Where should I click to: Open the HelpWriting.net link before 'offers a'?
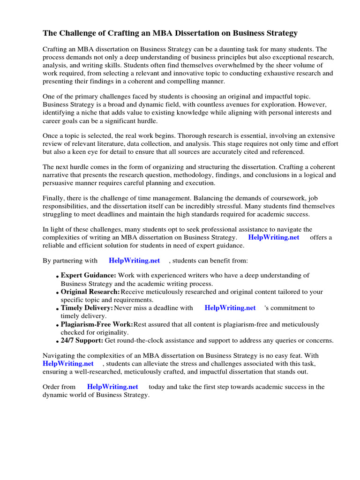point(273,237)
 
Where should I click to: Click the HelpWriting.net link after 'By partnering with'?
point(134,261)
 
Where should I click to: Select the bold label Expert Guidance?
point(88,276)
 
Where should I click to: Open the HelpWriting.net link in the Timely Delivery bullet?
point(230,308)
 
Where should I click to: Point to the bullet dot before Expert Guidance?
point(57,277)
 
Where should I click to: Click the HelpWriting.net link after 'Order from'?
point(112,387)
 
